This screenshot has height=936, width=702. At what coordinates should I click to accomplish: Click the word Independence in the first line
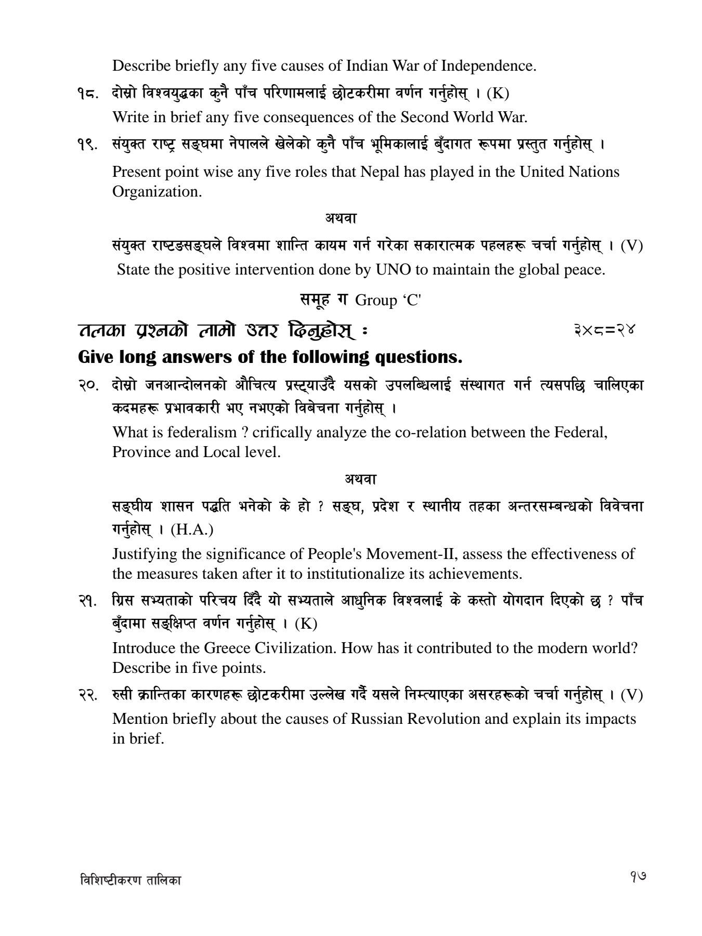coord(487,66)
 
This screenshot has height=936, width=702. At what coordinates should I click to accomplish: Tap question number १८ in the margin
coord(87,94)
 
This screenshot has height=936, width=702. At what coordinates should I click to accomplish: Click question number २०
coord(87,386)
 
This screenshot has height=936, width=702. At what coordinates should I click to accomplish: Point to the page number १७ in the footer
coord(636,878)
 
